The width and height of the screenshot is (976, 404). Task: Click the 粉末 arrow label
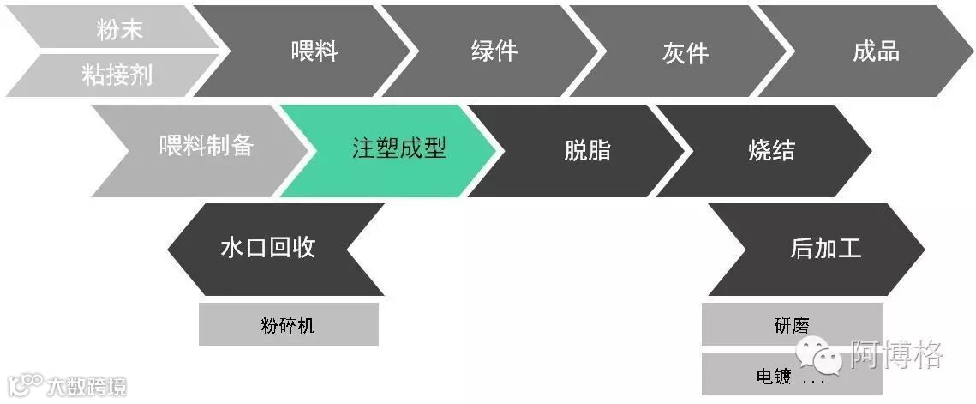(x=118, y=30)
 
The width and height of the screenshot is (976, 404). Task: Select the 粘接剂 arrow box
(x=117, y=75)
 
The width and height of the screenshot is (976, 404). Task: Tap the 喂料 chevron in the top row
(x=314, y=51)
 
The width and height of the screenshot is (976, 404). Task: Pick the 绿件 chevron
(x=494, y=51)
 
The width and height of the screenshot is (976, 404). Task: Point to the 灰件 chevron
(x=685, y=52)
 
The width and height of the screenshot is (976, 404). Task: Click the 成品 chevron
(x=876, y=51)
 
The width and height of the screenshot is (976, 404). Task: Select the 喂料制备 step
(x=206, y=147)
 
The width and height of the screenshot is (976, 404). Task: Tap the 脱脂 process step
(x=587, y=151)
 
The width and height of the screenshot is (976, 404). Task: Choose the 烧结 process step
(x=771, y=151)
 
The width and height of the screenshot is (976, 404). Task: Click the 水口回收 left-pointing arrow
(x=267, y=249)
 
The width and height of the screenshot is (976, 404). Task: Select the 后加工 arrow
(x=824, y=250)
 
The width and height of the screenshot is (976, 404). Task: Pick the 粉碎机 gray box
(x=288, y=325)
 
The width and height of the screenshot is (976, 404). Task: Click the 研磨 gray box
(x=790, y=325)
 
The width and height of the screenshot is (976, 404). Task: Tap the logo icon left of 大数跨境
(x=26, y=385)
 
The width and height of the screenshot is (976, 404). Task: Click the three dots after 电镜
(x=813, y=378)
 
